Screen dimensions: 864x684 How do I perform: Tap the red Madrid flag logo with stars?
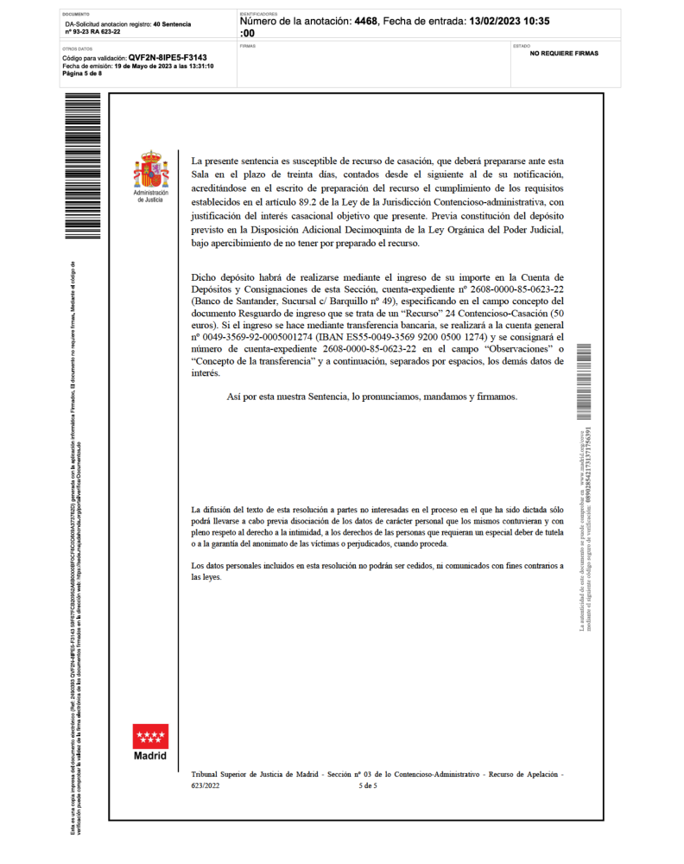[x=150, y=736]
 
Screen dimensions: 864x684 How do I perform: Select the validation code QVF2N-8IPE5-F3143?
[x=168, y=57]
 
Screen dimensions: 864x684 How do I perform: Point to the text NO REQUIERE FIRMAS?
[x=564, y=54]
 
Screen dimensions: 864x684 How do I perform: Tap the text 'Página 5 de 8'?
[x=82, y=73]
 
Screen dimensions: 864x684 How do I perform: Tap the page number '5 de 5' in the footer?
[x=368, y=786]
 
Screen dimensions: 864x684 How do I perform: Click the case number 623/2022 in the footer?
[x=207, y=786]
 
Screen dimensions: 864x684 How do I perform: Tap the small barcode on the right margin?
[x=584, y=380]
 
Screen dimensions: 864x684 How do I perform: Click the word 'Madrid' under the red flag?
[x=150, y=756]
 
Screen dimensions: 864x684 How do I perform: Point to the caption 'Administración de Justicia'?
[x=150, y=196]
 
